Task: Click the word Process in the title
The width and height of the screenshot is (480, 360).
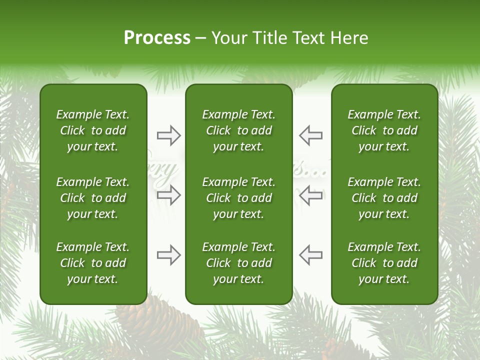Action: [157, 38]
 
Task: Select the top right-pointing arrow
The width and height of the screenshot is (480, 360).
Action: [169, 135]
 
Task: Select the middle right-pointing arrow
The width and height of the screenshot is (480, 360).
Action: [169, 195]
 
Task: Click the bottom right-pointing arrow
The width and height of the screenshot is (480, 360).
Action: [169, 255]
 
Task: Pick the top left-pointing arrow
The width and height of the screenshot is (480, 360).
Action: [311, 135]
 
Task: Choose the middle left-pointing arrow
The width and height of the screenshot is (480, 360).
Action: [311, 195]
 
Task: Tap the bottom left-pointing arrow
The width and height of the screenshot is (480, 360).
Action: [311, 255]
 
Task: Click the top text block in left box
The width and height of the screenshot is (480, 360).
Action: [93, 130]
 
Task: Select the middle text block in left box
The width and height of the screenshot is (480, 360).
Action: [93, 198]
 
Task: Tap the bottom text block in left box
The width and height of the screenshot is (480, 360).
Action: [93, 263]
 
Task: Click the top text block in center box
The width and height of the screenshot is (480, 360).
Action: [238, 130]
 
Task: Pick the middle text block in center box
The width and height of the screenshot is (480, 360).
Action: [238, 198]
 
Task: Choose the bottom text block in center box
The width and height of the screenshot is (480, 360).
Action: [238, 263]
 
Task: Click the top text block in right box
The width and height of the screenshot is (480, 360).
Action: [384, 130]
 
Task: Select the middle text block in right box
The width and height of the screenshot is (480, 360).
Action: [384, 198]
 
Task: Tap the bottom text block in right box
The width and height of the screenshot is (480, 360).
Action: [384, 263]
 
